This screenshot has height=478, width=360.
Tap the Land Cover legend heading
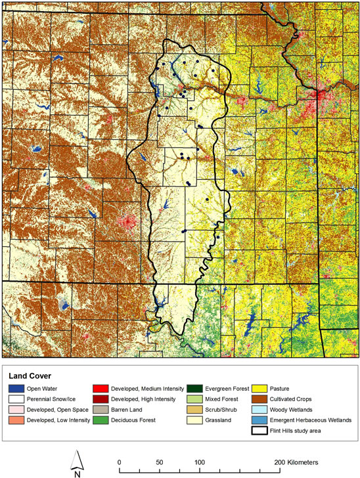coord(33,375)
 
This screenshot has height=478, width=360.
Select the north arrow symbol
coord(77,457)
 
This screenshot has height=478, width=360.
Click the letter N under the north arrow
coord(77,473)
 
